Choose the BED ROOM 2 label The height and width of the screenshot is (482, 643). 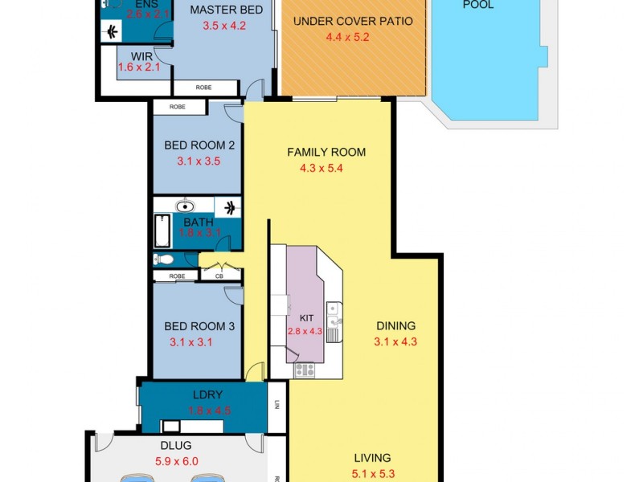pos(199,145)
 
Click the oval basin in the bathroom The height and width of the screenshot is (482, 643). pos(185,206)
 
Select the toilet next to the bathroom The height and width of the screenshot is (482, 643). pos(164,259)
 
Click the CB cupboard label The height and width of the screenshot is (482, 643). pos(219,276)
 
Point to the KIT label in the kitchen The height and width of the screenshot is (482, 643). pos(306,318)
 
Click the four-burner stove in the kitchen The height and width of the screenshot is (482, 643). pos(305,370)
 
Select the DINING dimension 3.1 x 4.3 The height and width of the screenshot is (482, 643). pos(395,341)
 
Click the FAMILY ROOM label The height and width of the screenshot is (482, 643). pos(326,152)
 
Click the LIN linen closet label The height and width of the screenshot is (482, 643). pos(276,405)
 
